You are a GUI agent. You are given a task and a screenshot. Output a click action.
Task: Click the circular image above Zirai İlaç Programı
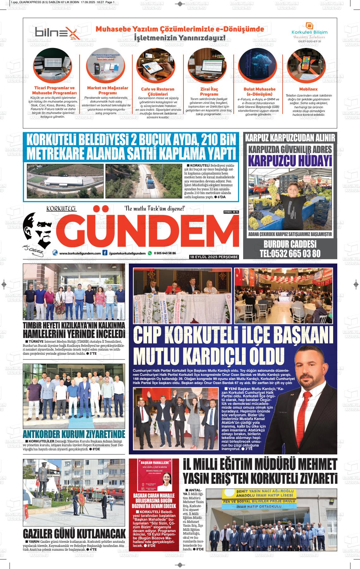point(209,66)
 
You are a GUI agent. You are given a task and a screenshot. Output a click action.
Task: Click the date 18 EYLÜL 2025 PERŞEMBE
point(214,257)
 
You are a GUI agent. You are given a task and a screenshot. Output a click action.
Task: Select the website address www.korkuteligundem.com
point(80,253)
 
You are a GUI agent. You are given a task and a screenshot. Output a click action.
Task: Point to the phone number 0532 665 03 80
point(290,253)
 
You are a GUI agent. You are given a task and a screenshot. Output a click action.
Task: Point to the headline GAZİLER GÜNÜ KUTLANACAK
point(74,534)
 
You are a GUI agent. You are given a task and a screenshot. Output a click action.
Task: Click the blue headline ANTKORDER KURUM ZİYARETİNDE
point(74,434)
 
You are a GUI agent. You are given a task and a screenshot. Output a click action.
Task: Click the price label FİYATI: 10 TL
point(231,211)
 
